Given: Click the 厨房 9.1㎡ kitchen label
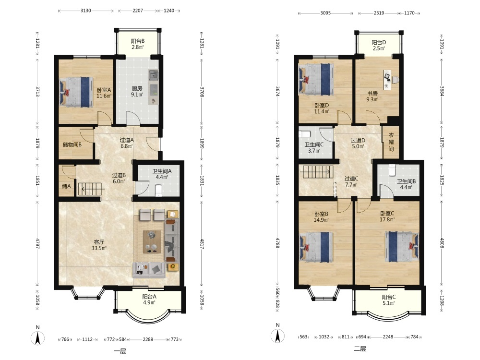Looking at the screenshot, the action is [137, 92].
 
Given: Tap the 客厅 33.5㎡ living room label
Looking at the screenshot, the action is [99, 245].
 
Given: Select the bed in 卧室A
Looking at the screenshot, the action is [76, 92].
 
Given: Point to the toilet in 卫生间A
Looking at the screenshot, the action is [158, 190].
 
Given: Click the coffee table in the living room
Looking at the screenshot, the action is [152, 242].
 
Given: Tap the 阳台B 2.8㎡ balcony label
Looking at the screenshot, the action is [137, 44].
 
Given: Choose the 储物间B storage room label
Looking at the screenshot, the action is [72, 144].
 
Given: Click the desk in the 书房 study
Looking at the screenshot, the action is [388, 80].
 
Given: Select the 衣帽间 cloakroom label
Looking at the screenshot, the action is [391, 142].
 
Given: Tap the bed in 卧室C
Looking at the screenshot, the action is [402, 247].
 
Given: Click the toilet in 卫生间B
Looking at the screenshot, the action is [392, 170].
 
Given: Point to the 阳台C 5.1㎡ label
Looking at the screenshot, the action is [388, 300].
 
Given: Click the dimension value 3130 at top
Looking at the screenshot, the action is [86, 11].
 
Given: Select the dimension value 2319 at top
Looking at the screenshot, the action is [379, 13].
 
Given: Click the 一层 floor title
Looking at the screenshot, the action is [120, 351].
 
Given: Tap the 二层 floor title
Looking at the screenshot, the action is [360, 348].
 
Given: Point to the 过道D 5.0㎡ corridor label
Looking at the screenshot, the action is [358, 143].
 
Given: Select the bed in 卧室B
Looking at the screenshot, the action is [316, 247].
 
